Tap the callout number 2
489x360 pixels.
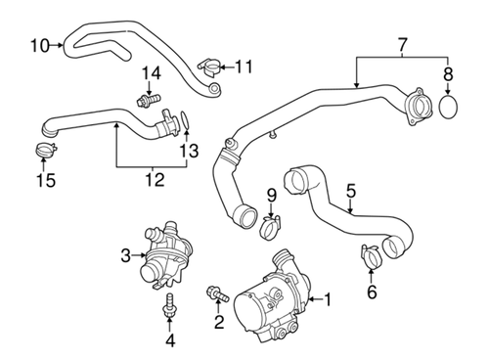pos(219,324)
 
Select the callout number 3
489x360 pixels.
pos(126,256)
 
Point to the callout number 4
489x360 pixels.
pos(169,340)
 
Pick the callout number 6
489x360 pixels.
pos(372,292)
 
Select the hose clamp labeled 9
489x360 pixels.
pos(271,228)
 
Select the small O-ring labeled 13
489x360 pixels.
pos(183,121)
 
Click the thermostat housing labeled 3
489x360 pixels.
pos(164,256)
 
